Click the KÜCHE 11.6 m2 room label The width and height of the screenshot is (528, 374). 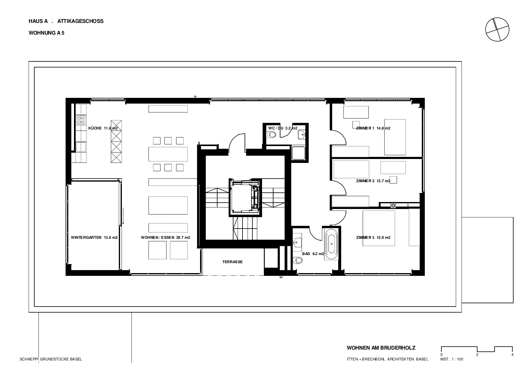click(x=103, y=128)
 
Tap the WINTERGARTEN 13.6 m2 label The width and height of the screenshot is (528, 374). click(x=94, y=238)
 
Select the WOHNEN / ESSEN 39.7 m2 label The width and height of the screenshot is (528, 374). click(x=165, y=238)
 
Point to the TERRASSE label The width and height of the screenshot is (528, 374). click(x=232, y=262)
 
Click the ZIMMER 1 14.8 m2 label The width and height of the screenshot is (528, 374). click(x=373, y=128)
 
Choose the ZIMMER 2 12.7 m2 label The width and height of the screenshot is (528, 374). click(x=373, y=181)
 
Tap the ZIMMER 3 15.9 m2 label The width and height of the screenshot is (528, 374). click(x=373, y=238)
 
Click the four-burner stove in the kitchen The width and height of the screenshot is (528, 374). click(x=81, y=120)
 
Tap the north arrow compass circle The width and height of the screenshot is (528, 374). click(x=497, y=30)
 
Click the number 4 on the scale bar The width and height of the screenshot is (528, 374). click(x=512, y=355)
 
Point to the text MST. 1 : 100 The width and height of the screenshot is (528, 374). click(x=452, y=359)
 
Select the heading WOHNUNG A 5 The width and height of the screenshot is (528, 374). click(x=46, y=33)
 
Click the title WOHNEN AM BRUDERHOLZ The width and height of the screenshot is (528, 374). click(x=381, y=348)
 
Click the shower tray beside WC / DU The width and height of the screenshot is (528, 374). click(x=298, y=153)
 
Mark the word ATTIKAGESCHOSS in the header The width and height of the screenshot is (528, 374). click(x=80, y=21)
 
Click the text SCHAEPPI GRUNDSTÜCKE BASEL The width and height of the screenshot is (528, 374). click(x=51, y=359)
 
